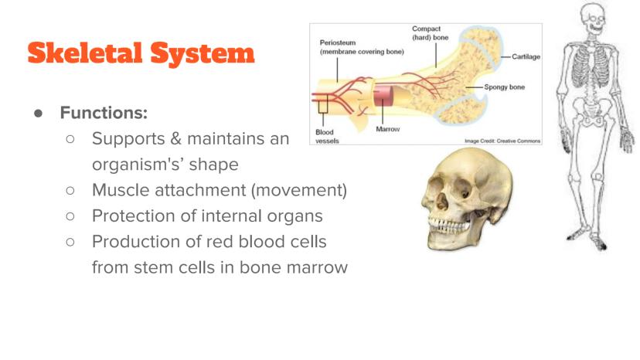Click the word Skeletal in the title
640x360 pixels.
[85, 53]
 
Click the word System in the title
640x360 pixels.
[203, 54]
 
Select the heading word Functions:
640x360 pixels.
[104, 113]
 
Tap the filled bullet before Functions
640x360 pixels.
[39, 113]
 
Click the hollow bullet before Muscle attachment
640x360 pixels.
[70, 191]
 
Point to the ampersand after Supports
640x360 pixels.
[176, 138]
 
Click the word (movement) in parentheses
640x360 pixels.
[299, 190]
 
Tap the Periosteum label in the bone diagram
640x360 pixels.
[338, 42]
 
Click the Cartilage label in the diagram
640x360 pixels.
[526, 56]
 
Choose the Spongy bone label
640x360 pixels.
[505, 87]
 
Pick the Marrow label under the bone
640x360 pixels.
[388, 129]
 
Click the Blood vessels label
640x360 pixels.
[327, 136]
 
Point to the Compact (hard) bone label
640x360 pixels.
[431, 33]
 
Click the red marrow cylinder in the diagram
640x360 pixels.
[383, 96]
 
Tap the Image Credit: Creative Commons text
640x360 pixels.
[502, 141]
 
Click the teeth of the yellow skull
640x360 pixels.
[448, 226]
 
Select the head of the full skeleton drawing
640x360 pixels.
[592, 19]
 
